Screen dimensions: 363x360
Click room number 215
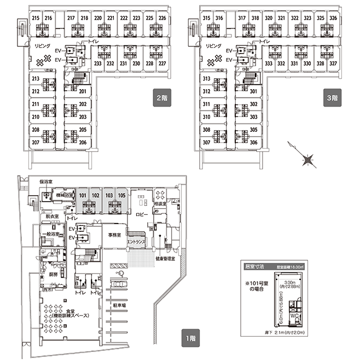click(36, 19)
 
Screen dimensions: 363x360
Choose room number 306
click(253, 142)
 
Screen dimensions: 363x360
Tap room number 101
click(83, 194)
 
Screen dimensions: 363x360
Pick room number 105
click(121, 194)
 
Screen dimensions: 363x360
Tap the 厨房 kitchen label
click(53, 274)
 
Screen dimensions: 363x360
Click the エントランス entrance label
click(136, 241)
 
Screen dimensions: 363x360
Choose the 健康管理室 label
click(165, 258)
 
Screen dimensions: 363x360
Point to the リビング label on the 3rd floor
click(213, 48)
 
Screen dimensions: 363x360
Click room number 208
click(36, 130)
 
